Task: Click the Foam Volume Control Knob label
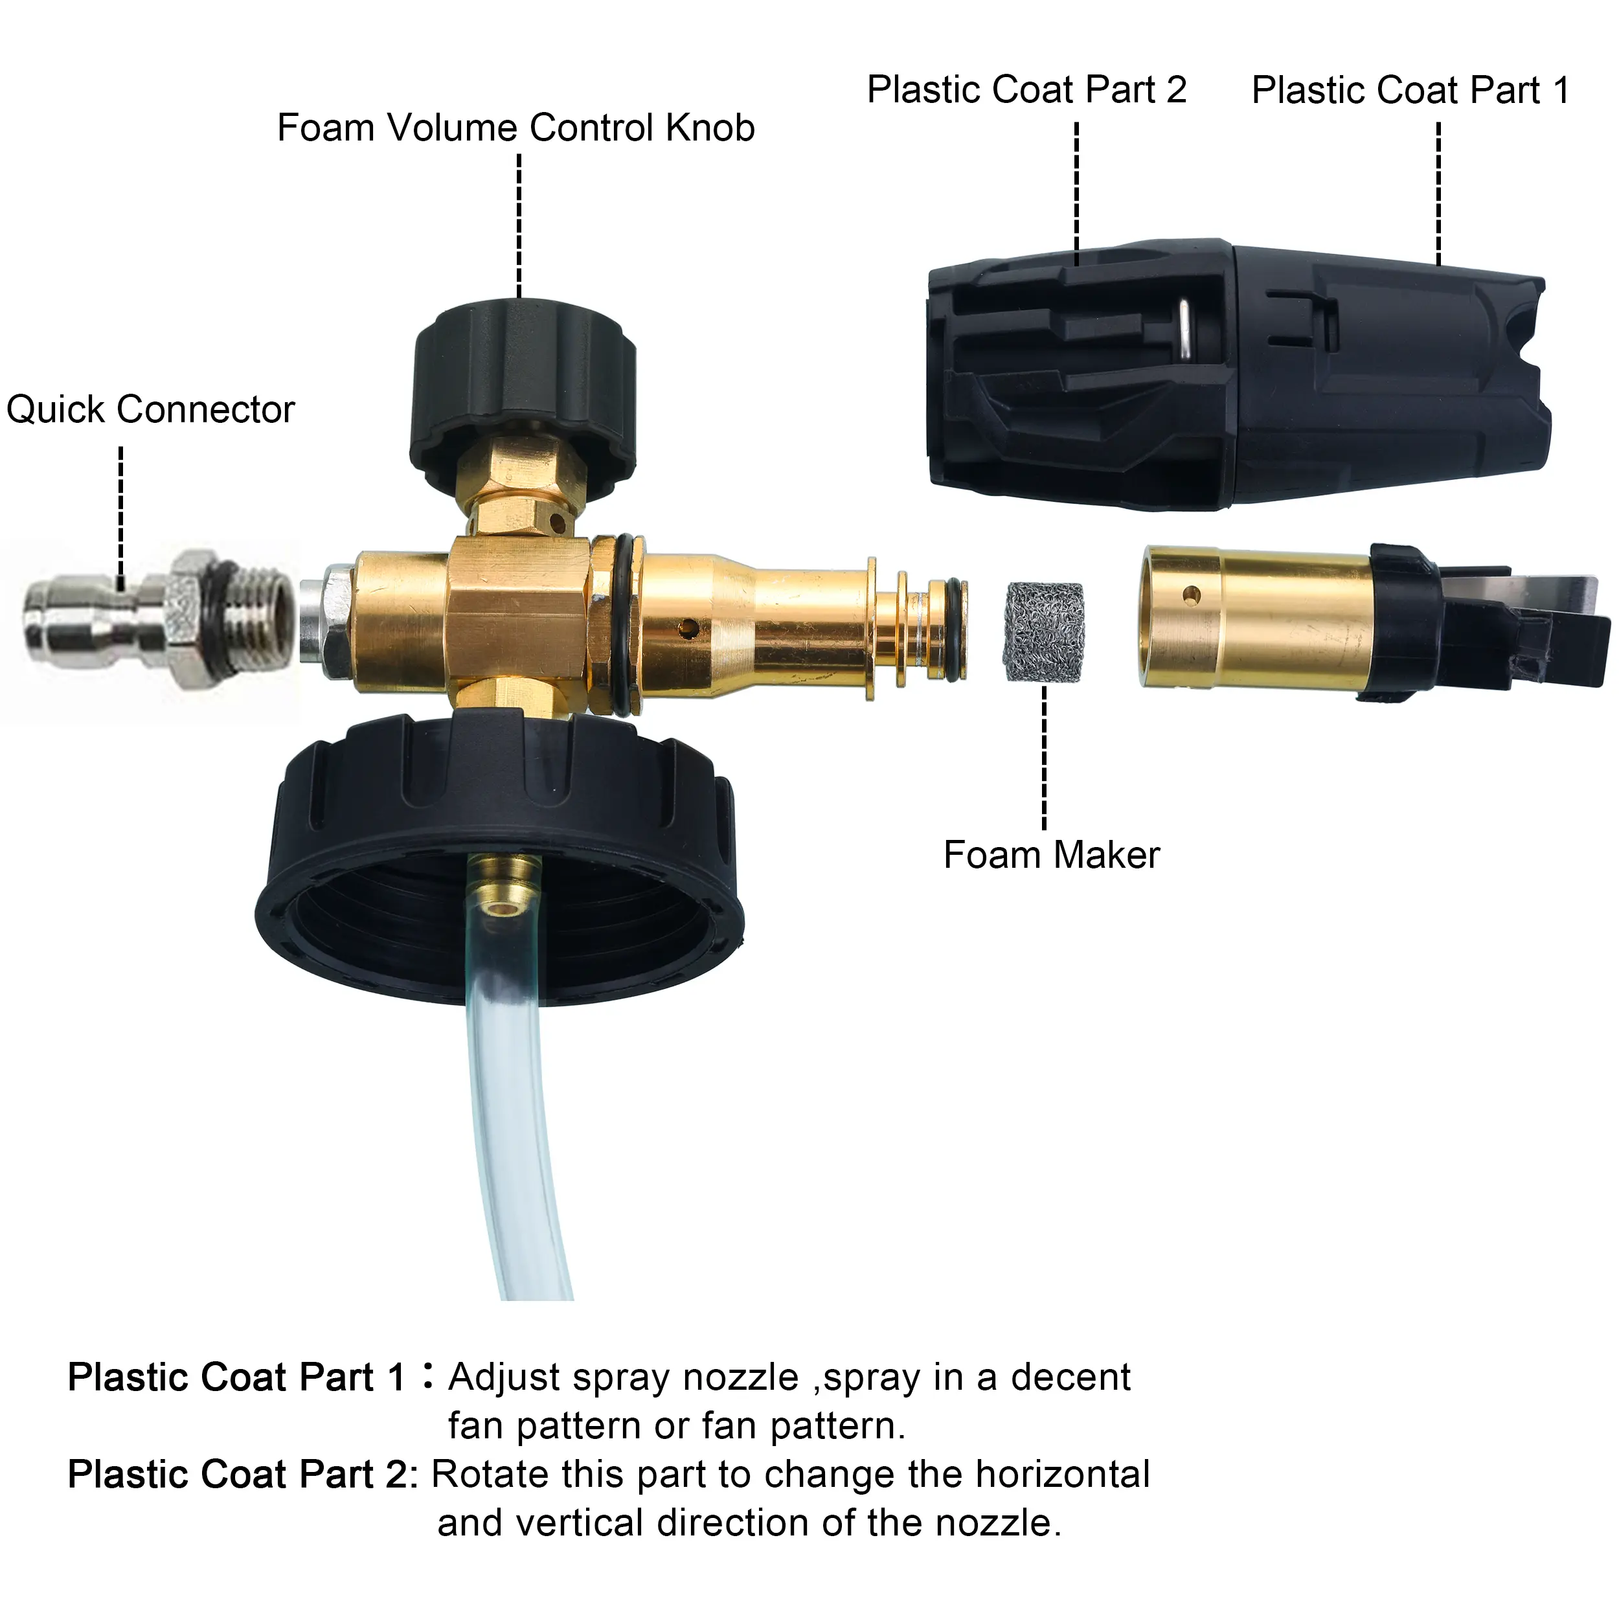[516, 128]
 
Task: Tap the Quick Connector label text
[151, 410]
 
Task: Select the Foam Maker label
[1052, 855]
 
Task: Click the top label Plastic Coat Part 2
[1026, 89]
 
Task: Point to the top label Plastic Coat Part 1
[1410, 89]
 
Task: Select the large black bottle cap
[499, 855]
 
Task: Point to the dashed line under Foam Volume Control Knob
[519, 226]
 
